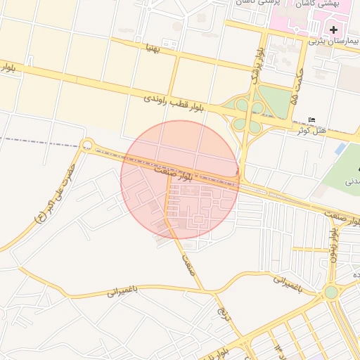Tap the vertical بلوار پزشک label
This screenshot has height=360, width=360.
pos(259,63)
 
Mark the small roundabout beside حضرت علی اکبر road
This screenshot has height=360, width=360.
pos(87,146)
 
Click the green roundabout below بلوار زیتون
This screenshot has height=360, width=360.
pos(330,292)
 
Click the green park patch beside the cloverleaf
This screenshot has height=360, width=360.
pos(278,103)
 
